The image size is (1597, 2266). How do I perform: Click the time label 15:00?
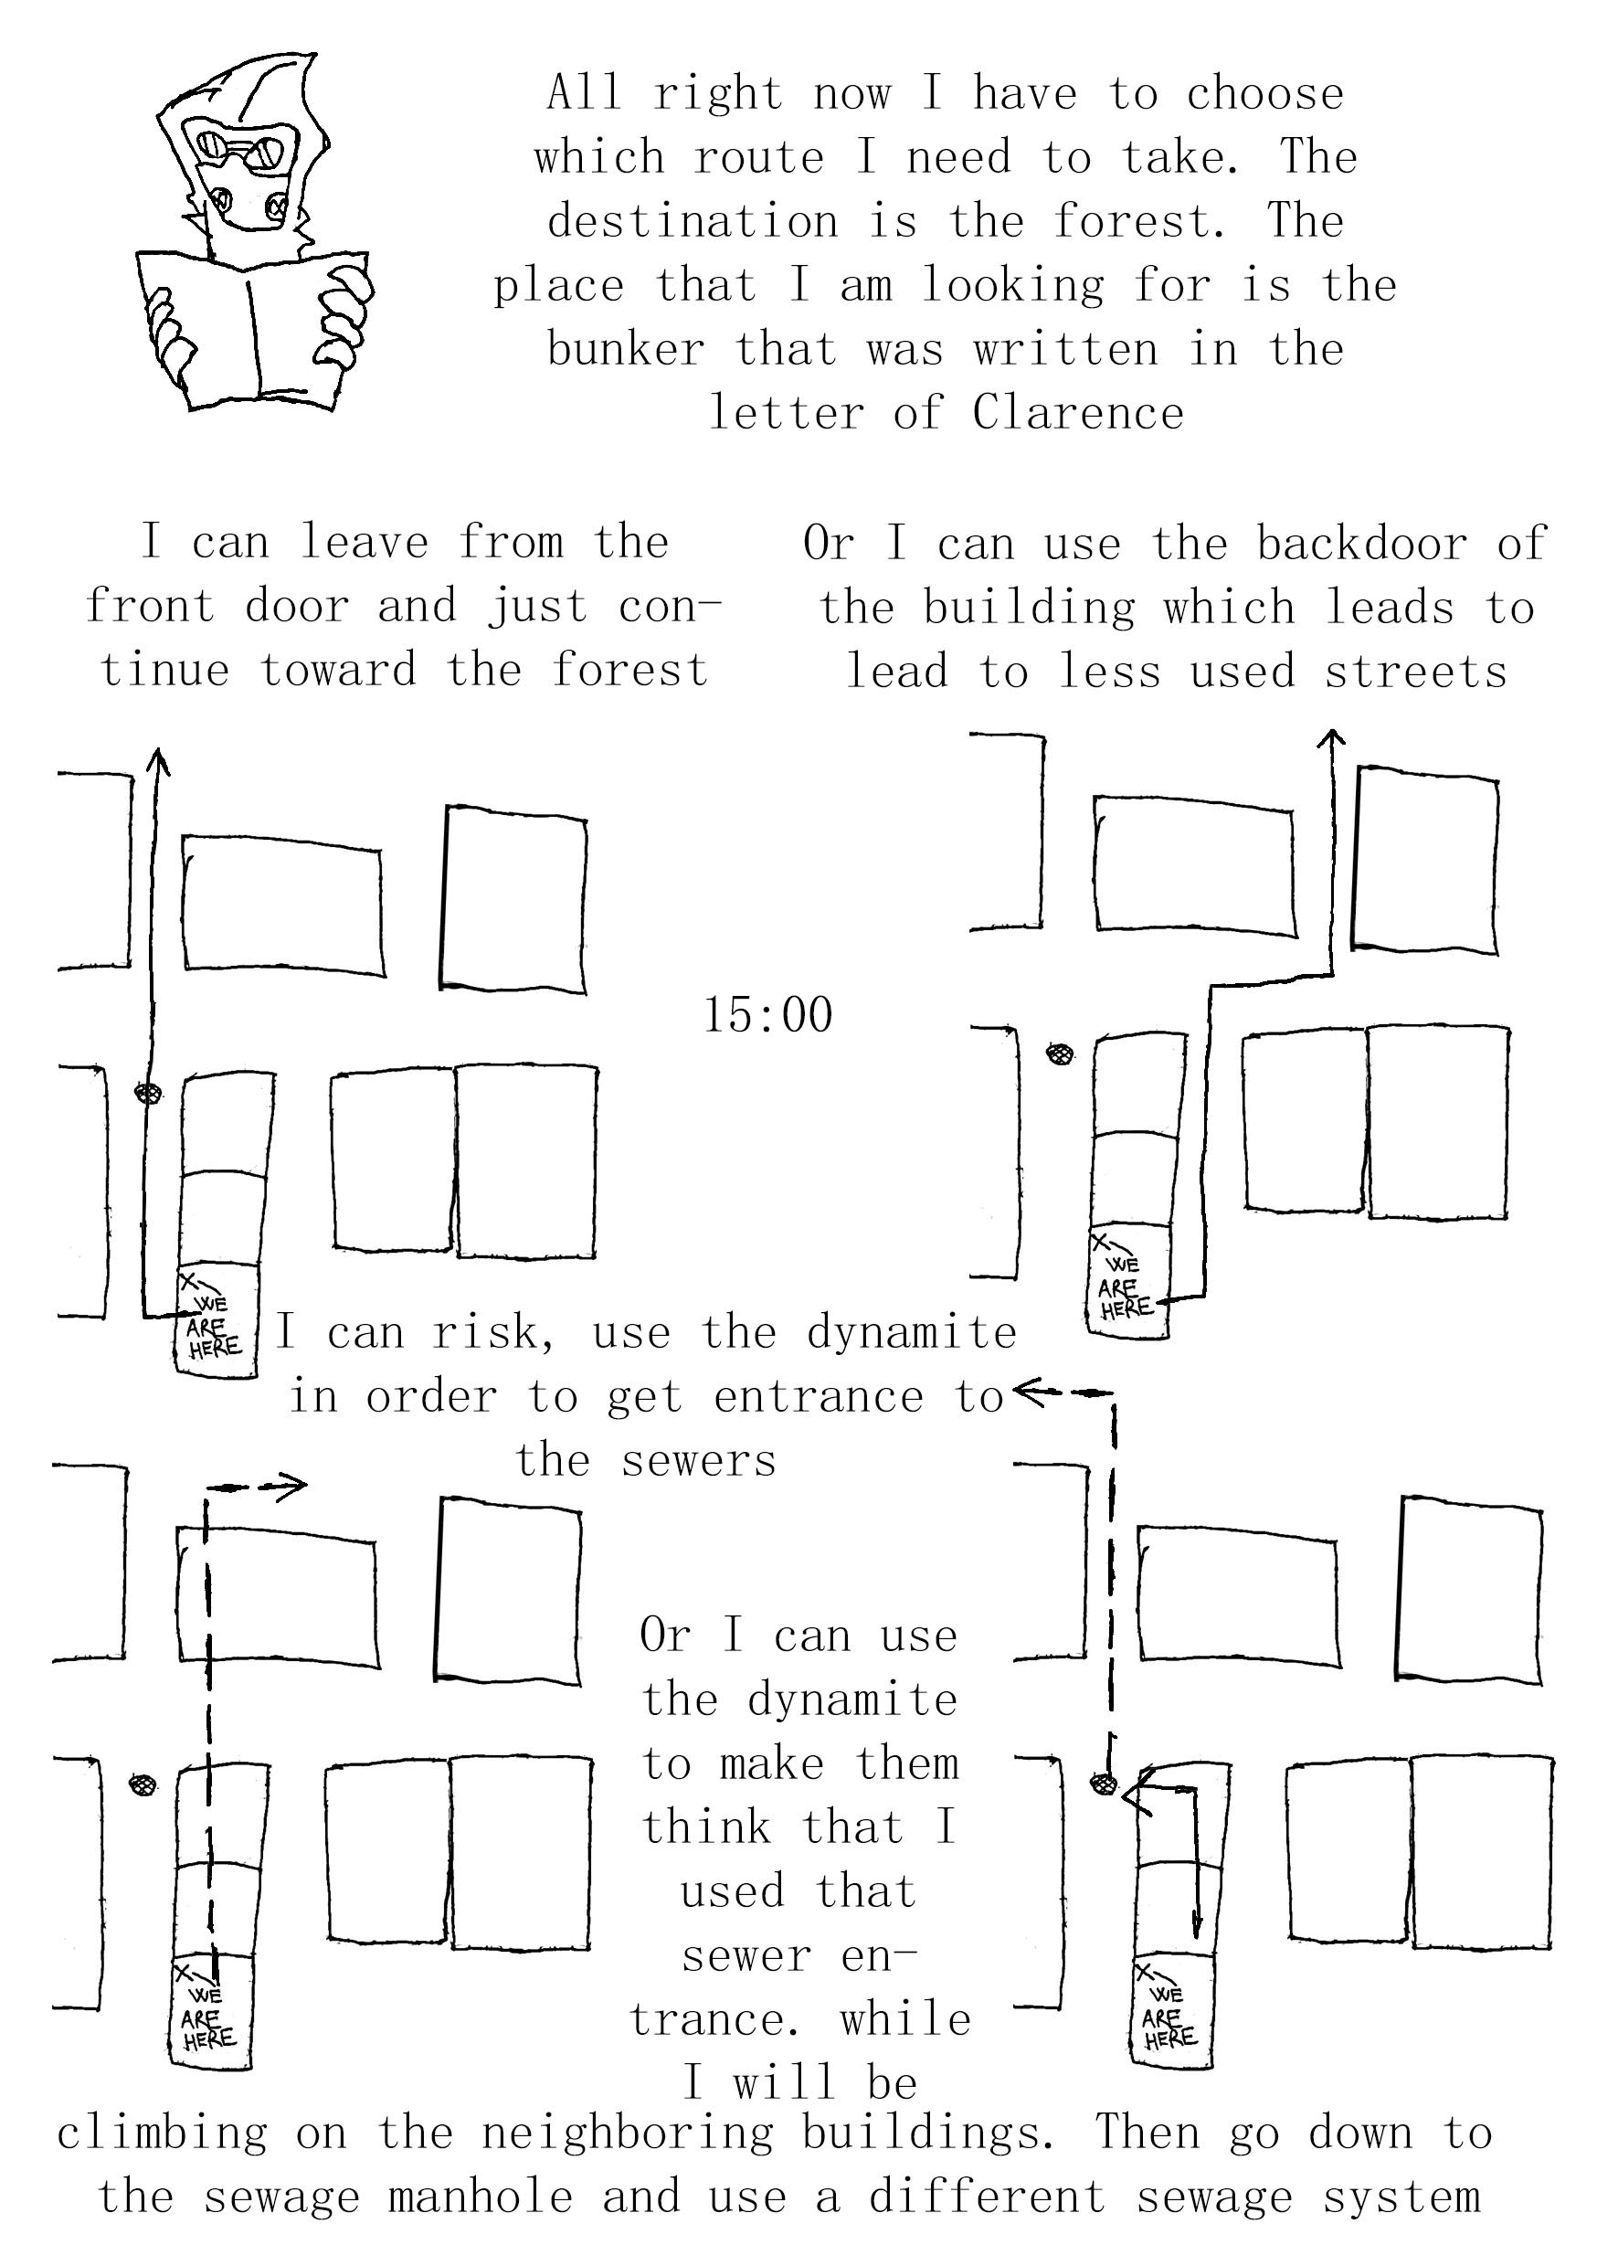(767, 1015)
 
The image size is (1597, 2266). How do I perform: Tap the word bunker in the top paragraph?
(626, 349)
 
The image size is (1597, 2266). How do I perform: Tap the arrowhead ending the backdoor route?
(1332, 737)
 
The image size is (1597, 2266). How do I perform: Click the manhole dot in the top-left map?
(148, 1093)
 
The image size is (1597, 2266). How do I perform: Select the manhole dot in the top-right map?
(1060, 1054)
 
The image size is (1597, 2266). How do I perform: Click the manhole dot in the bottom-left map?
(143, 1784)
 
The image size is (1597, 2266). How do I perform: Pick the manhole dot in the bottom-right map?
(1103, 1784)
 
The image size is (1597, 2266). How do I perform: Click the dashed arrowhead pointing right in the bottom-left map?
(292, 1487)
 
